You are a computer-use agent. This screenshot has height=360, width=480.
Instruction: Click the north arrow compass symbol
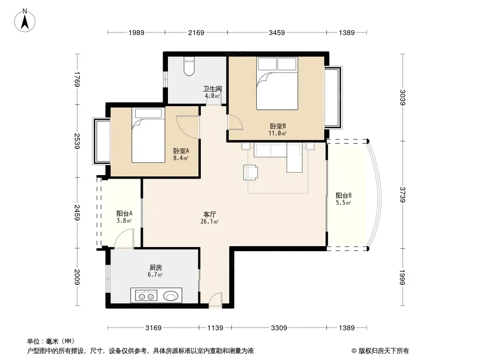pyautogui.click(x=25, y=21)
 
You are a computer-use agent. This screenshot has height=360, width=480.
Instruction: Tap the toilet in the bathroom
pyautogui.click(x=189, y=66)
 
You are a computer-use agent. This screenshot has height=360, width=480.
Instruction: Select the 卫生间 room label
pyautogui.click(x=212, y=89)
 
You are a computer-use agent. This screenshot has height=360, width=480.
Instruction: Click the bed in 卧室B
pyautogui.click(x=277, y=83)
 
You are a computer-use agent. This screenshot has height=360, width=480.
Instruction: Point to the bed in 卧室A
pyautogui.click(x=148, y=135)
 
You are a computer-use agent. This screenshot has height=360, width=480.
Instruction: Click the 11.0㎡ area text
pyautogui.click(x=277, y=133)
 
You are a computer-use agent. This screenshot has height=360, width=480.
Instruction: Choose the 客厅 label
pyautogui.click(x=209, y=214)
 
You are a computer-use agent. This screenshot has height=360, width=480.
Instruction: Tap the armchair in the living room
pyautogui.click(x=250, y=172)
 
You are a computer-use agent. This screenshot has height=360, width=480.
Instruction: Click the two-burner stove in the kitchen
pyautogui.click(x=146, y=296)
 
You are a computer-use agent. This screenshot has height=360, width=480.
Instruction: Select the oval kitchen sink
pyautogui.click(x=171, y=296)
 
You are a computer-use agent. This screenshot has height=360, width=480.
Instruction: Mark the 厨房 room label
pyautogui.click(x=155, y=268)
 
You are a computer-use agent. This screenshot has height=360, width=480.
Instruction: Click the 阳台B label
pyautogui.click(x=344, y=195)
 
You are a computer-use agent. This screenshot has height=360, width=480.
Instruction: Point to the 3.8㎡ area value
pyautogui.click(x=124, y=220)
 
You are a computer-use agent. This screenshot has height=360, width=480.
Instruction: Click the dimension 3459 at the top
pyautogui.click(x=277, y=32)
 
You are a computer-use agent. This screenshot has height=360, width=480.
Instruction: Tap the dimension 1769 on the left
pyautogui.click(x=77, y=79)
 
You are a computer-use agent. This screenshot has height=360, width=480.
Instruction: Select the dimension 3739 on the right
pyautogui.click(x=403, y=194)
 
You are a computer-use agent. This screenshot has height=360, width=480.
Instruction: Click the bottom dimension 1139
pyautogui.click(x=215, y=328)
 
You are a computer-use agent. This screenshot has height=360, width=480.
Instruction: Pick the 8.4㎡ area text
pyautogui.click(x=181, y=158)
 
